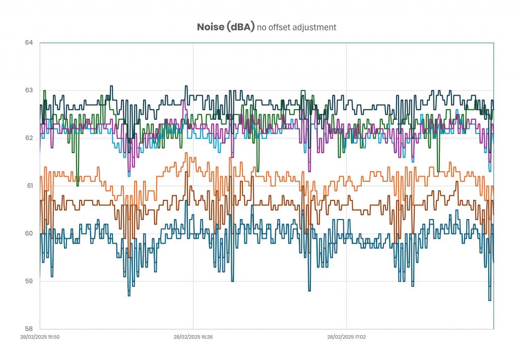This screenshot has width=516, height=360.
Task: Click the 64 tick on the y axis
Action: [x=29, y=42]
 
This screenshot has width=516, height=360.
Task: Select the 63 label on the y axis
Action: [x=29, y=90]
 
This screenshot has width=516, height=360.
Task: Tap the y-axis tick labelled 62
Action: [x=29, y=138]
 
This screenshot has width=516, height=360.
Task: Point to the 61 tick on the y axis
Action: [x=29, y=186]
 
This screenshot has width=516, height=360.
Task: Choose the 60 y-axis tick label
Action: [x=29, y=234]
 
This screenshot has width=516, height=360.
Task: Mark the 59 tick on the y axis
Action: [x=29, y=281]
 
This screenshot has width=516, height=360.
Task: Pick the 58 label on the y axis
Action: [x=29, y=329]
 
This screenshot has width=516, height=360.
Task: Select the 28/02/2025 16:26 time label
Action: [x=193, y=337]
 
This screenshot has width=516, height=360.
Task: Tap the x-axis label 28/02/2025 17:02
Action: [x=346, y=337]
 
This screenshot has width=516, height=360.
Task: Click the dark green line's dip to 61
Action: [x=78, y=185]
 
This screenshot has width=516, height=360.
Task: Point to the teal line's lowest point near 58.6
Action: [x=489, y=300]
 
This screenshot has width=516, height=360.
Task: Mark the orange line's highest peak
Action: [x=186, y=153]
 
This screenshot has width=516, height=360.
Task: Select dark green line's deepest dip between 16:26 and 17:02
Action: [x=258, y=171]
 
